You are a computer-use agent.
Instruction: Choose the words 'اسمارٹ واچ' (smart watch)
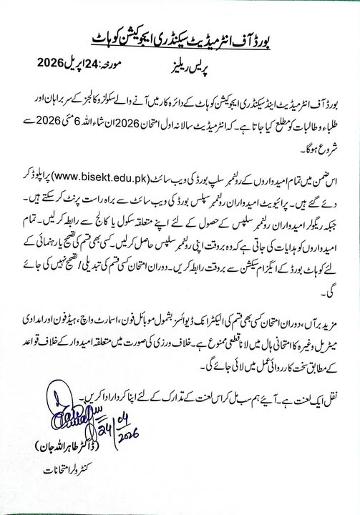(118, 313)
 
